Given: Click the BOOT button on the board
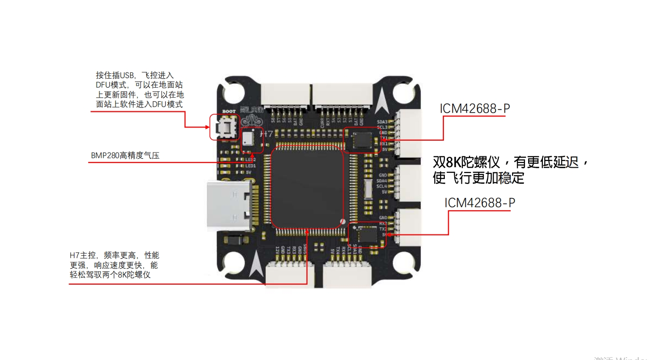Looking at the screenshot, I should [x=224, y=127].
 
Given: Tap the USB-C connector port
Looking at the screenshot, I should [x=230, y=207].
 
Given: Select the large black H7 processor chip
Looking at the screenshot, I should [x=306, y=187].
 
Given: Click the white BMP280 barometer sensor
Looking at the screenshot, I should [x=248, y=139].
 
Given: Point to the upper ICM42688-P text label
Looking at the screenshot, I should [x=475, y=108].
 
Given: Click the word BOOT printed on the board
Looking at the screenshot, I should [x=228, y=112].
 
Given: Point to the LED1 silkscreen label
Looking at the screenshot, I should [x=251, y=166].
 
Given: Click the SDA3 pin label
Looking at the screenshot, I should [x=382, y=122].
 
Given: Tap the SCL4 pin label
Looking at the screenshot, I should [x=382, y=186].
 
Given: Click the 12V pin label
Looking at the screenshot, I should [x=277, y=250].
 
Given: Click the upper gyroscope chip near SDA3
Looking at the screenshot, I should [x=362, y=140].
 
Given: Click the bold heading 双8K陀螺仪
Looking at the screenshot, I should [x=467, y=162].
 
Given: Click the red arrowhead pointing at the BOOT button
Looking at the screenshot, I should [x=207, y=127].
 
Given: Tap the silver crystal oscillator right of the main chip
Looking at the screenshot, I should [x=367, y=189].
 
